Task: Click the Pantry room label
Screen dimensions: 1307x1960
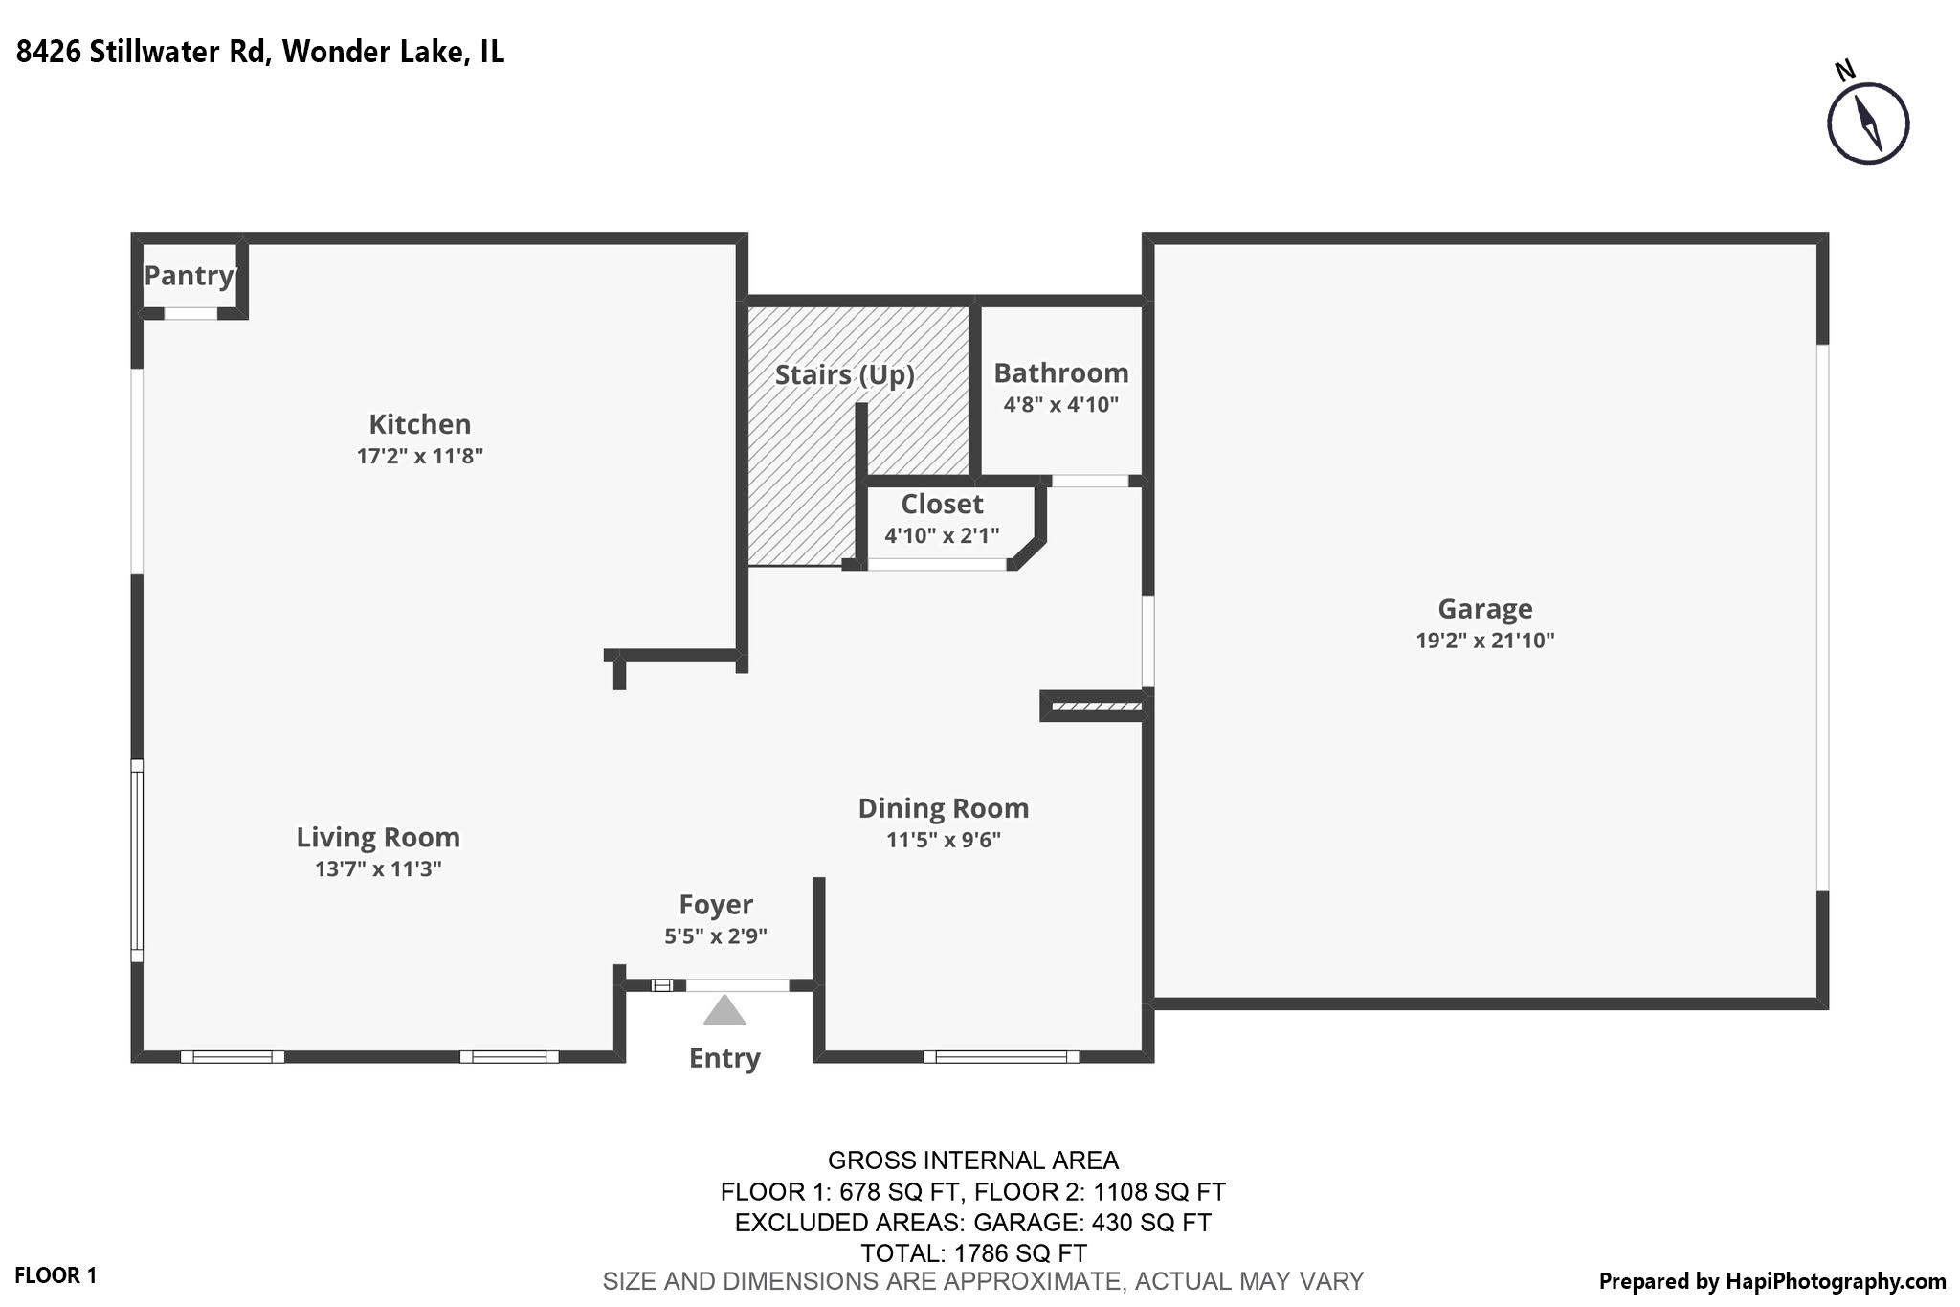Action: (x=189, y=276)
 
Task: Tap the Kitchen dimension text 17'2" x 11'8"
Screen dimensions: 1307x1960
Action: (x=419, y=456)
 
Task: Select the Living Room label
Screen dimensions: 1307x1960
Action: (x=378, y=838)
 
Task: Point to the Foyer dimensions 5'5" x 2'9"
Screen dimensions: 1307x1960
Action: (x=716, y=936)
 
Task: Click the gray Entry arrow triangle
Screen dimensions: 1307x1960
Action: (x=724, y=1011)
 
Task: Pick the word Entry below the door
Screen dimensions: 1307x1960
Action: (x=724, y=1058)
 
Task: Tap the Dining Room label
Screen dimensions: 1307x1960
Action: (x=943, y=809)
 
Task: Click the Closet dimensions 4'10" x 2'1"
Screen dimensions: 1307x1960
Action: (x=942, y=536)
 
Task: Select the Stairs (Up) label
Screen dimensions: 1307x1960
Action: (x=844, y=374)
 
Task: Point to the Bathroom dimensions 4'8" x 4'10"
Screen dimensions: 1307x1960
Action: (x=1060, y=405)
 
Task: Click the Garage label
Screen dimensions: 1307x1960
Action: (x=1484, y=609)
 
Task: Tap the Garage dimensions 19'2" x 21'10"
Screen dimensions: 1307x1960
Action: (x=1484, y=641)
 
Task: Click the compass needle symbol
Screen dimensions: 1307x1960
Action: (x=1868, y=124)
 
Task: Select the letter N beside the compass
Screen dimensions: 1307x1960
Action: (x=1845, y=71)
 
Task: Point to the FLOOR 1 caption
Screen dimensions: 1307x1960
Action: (x=56, y=1275)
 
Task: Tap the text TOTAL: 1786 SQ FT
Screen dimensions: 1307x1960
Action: (x=973, y=1253)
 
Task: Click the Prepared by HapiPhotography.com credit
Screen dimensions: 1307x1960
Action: (x=1771, y=1281)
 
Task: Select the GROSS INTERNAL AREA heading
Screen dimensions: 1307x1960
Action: (x=972, y=1161)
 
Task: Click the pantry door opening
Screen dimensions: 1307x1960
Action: (x=190, y=313)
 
